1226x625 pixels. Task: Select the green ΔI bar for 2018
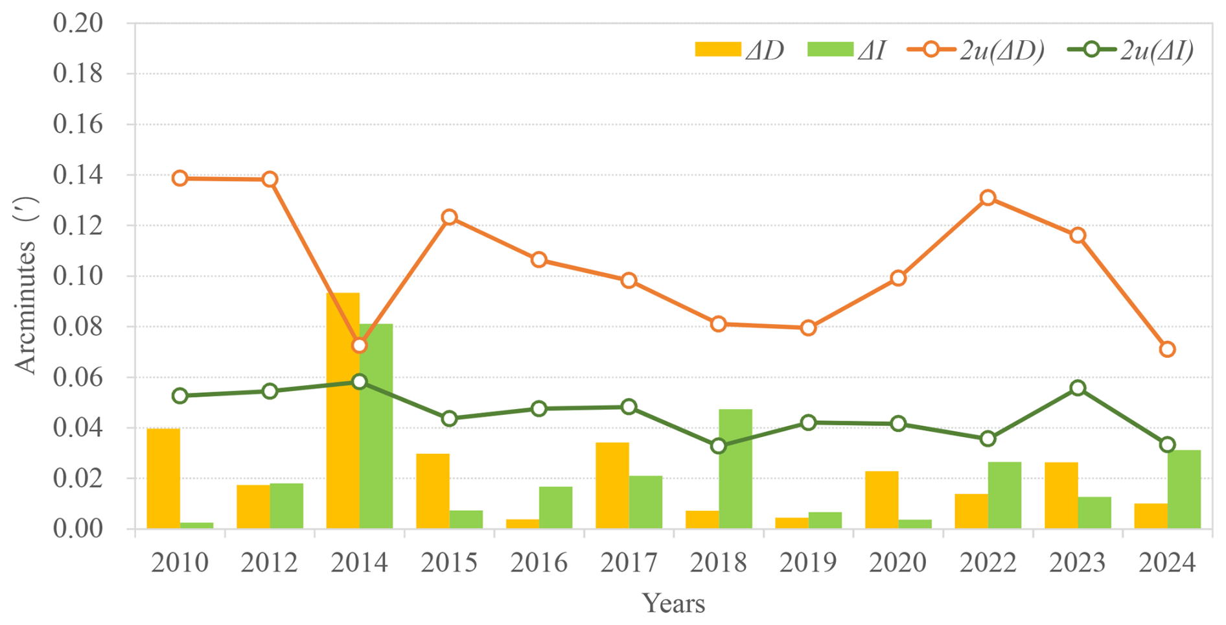point(735,469)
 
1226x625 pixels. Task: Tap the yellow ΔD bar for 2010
point(163,478)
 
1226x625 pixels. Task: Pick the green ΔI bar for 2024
point(1184,489)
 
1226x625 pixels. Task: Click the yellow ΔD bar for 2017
point(612,486)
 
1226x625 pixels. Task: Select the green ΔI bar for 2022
point(1004,495)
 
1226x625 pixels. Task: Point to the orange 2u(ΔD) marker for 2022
point(988,198)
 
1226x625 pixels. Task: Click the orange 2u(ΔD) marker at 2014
point(360,346)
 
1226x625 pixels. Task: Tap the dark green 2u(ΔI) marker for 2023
point(1078,388)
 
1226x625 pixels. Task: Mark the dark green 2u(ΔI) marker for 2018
point(718,446)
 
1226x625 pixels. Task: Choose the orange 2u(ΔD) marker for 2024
point(1167,349)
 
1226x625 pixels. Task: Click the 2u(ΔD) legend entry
point(975,50)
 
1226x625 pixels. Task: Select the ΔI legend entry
point(846,50)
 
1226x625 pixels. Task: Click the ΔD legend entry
point(739,50)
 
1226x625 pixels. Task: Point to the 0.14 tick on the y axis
point(78,175)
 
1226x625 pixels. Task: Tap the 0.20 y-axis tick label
point(78,23)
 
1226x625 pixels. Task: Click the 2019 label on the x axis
point(807,562)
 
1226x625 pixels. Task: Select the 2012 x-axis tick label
point(269,562)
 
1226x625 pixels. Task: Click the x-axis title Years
point(673,604)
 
